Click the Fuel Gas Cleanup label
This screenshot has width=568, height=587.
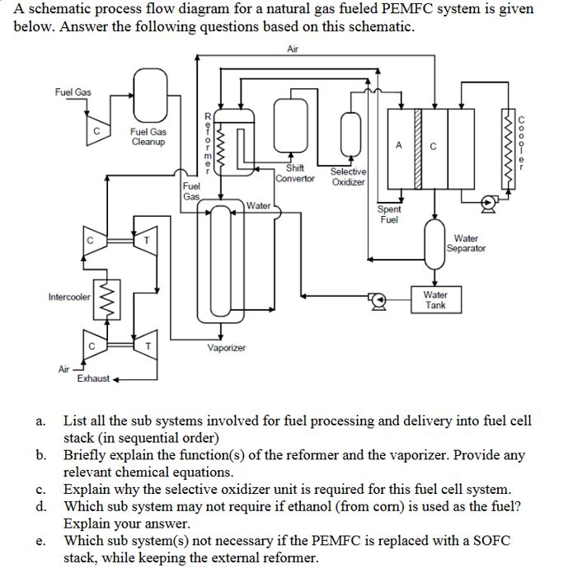pos(148,137)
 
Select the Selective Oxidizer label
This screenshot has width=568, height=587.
pos(348,176)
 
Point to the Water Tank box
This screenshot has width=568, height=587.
pos(434,298)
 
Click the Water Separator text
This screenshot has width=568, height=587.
pos(466,243)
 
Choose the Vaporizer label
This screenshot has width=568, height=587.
pos(225,348)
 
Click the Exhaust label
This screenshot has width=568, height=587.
pos(92,378)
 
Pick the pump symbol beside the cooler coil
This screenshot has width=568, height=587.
pos(489,200)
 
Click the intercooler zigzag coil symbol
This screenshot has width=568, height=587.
pos(105,296)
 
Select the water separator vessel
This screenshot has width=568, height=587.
pos(434,243)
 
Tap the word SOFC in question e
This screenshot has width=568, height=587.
pos(489,540)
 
